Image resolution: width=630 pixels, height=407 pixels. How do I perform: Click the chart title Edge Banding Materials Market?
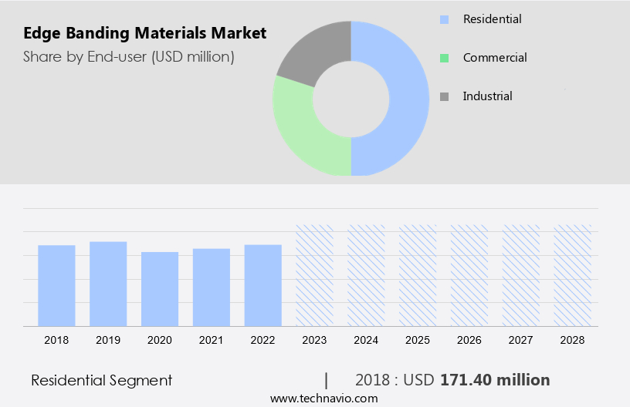(144, 33)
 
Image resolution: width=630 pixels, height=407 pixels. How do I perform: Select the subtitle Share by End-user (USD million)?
(128, 56)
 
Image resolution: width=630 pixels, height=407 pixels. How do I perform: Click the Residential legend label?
(492, 18)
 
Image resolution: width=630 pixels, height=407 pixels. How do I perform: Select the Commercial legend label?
(495, 58)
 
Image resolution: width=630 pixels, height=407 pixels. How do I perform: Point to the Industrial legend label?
(487, 96)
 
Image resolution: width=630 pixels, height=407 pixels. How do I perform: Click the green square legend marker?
(444, 58)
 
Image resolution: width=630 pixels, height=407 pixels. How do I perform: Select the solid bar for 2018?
(56, 285)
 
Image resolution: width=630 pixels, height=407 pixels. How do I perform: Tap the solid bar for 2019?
(108, 284)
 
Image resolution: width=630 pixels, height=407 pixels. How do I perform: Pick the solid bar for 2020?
(160, 289)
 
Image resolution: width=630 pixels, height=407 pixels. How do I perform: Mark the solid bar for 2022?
(263, 285)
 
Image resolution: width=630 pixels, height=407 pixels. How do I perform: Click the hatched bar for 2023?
(315, 275)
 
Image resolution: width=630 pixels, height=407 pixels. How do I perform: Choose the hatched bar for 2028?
(573, 275)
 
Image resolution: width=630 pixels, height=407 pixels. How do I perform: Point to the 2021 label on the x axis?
(212, 340)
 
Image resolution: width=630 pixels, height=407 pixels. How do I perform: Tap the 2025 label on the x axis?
(418, 340)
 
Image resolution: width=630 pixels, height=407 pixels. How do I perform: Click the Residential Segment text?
(101, 380)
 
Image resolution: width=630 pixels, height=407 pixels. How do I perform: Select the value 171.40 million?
(495, 380)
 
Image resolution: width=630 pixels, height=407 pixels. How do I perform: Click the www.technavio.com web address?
(323, 399)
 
